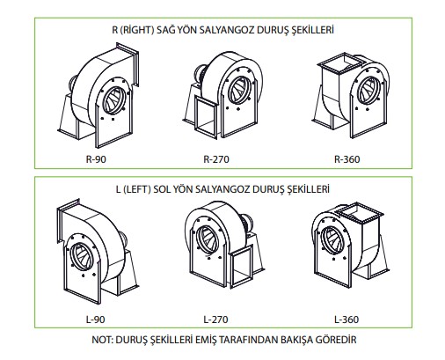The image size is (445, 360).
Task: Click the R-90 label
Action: click(x=96, y=159)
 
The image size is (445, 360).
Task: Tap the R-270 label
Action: click(x=216, y=159)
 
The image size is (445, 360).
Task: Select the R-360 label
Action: click(x=347, y=159)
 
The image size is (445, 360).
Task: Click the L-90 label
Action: click(x=96, y=320)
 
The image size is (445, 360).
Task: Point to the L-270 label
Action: click(x=215, y=320)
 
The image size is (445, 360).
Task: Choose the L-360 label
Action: click(x=347, y=320)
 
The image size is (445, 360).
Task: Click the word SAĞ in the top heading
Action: click(x=164, y=30)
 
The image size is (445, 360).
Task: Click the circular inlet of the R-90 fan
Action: click(x=113, y=100)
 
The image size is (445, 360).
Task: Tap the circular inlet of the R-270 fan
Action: click(x=239, y=90)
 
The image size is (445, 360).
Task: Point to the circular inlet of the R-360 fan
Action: click(x=368, y=91)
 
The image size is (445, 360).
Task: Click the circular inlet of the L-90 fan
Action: click(x=81, y=257)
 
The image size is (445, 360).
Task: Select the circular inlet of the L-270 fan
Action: click(x=208, y=239)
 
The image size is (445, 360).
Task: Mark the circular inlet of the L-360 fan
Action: click(x=332, y=240)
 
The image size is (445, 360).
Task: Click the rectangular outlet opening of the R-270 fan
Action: click(x=206, y=116)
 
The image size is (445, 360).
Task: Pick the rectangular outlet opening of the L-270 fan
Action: click(x=241, y=267)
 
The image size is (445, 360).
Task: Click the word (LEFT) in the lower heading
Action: click(x=137, y=189)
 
